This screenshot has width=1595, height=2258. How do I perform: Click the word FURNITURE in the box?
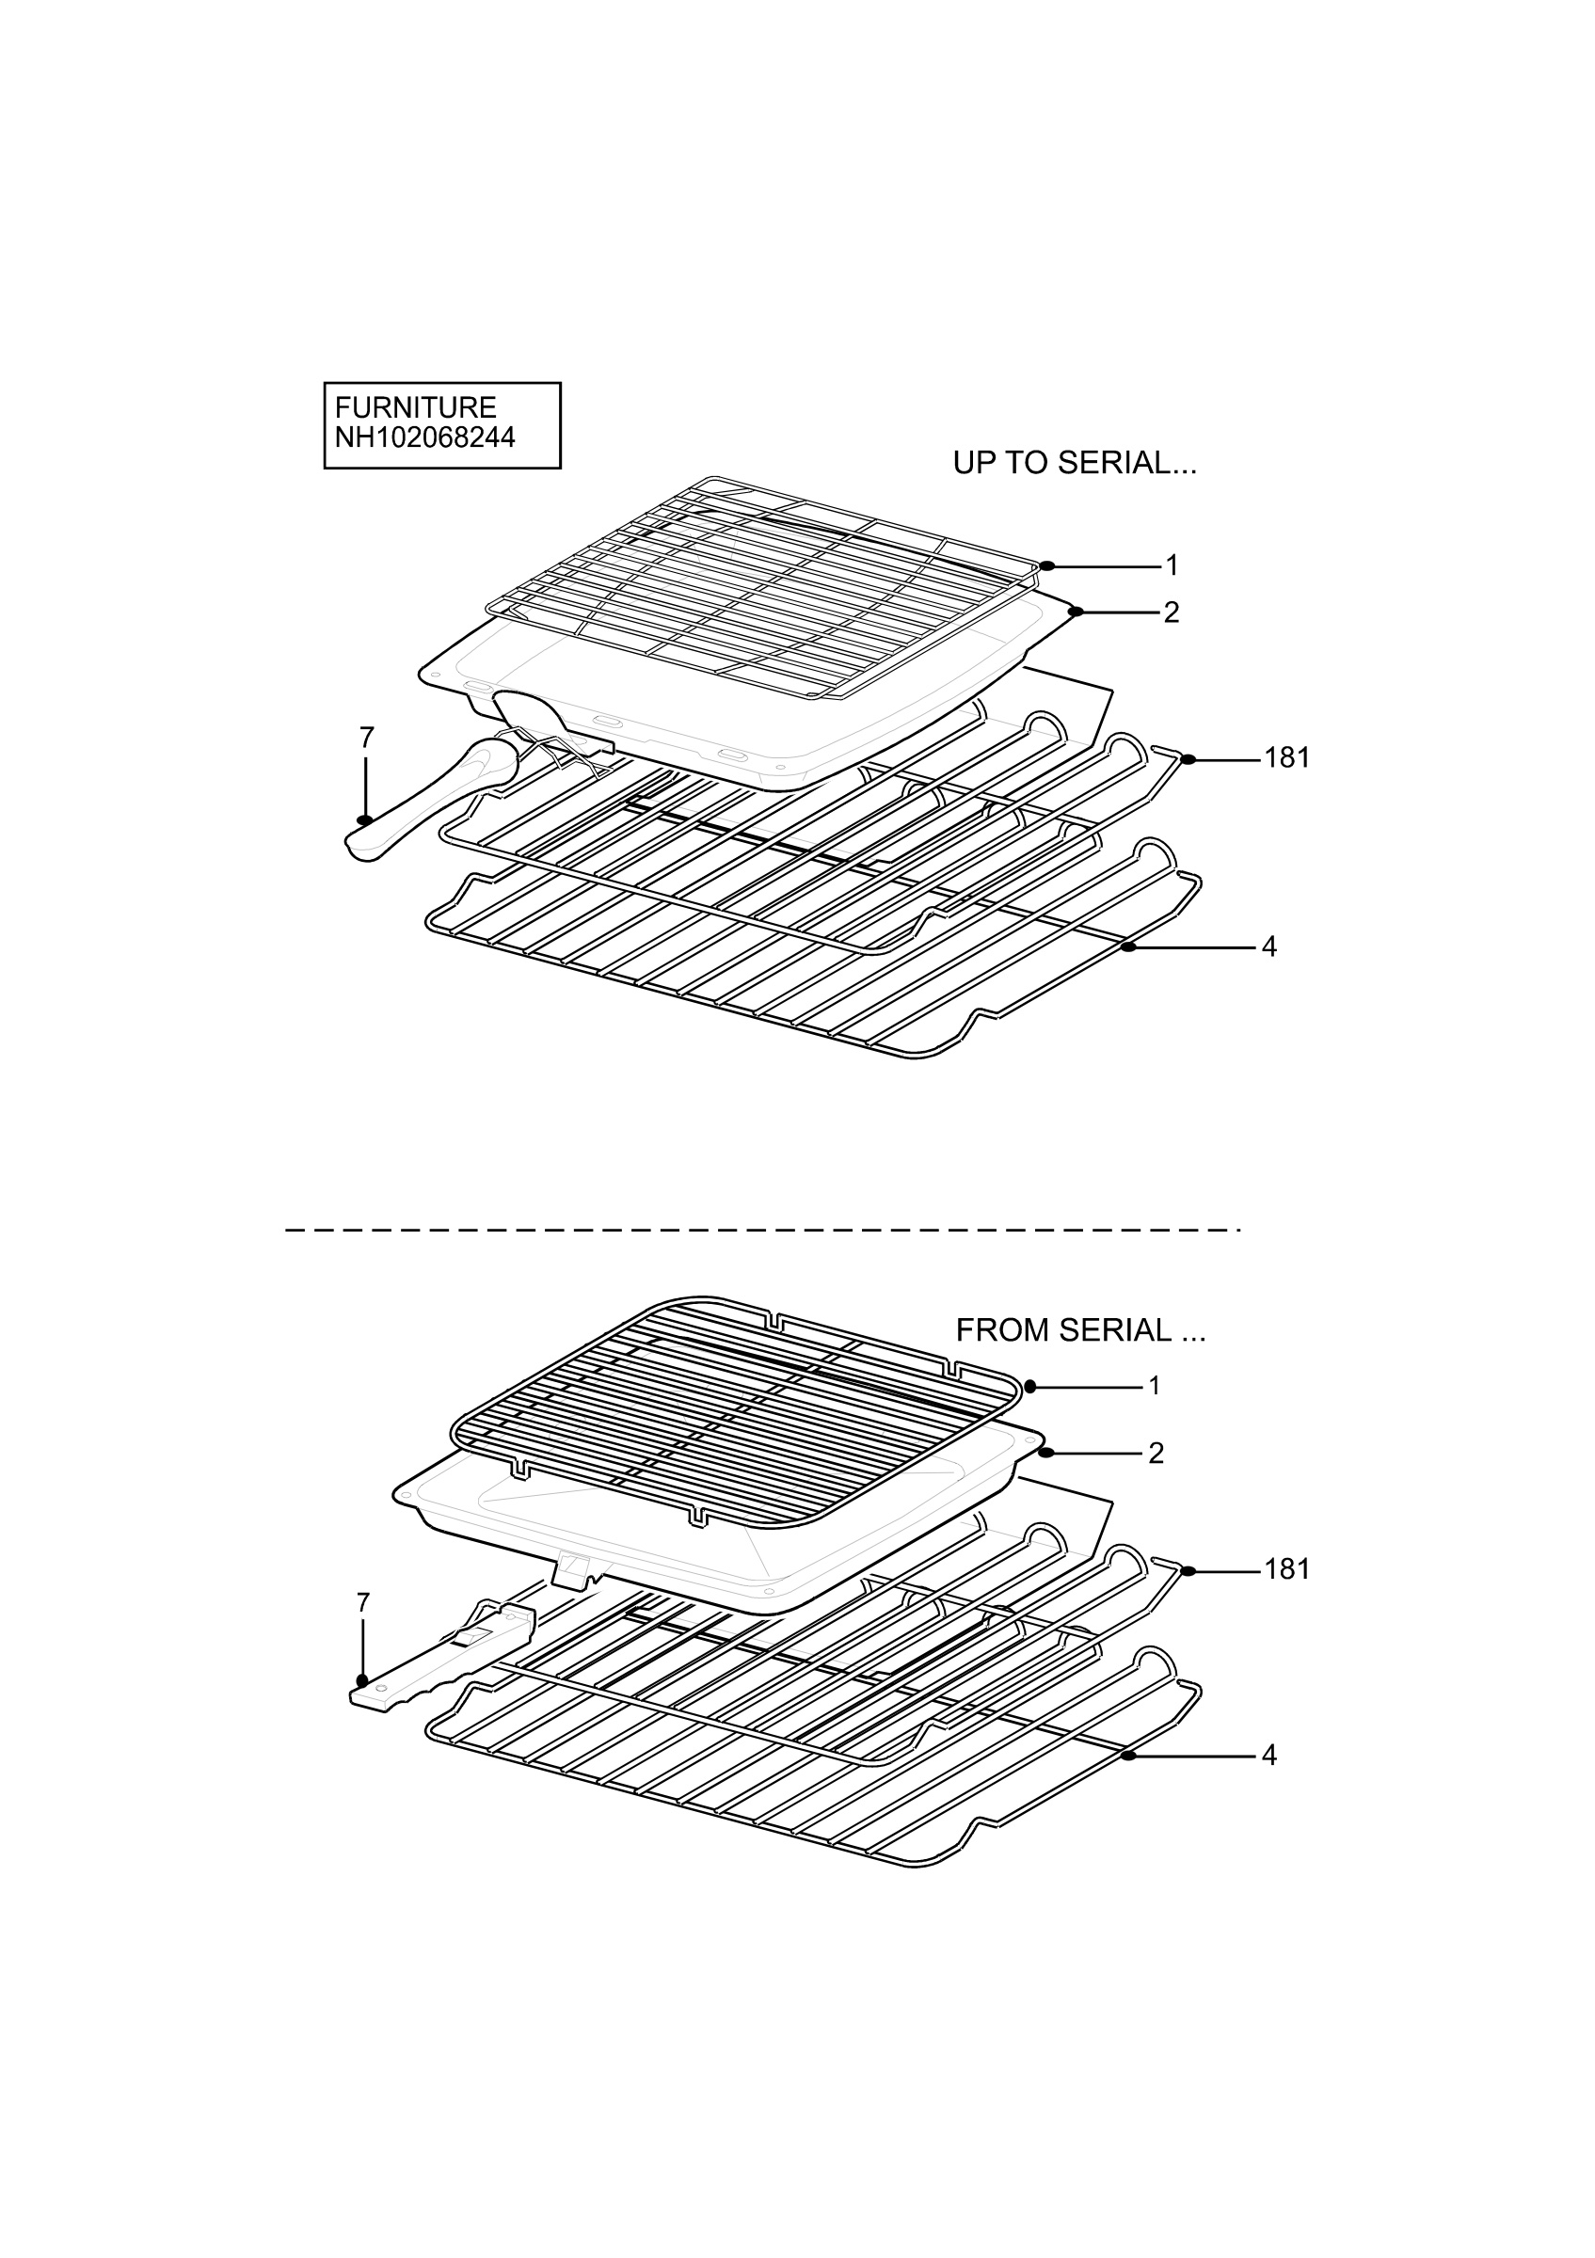(x=415, y=407)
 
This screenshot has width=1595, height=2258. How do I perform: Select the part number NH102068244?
(x=424, y=437)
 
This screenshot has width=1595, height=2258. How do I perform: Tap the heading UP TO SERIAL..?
(x=1075, y=462)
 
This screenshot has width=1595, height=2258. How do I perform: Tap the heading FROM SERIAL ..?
(x=1080, y=1330)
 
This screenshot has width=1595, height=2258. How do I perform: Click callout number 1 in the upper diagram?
(x=1172, y=565)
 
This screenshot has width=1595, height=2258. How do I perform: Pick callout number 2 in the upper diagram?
(x=1172, y=612)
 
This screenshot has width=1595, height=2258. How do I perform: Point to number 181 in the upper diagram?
(x=1287, y=758)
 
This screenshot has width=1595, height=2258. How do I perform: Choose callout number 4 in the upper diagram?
(x=1269, y=947)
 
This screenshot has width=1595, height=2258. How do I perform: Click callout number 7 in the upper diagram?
(x=367, y=738)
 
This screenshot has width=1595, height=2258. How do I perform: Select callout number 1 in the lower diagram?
(x=1155, y=1386)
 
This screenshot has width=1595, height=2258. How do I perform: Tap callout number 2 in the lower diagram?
(x=1156, y=1453)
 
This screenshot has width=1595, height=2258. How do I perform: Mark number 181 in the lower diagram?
(x=1287, y=1569)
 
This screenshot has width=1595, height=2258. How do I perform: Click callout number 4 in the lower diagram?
(x=1269, y=1756)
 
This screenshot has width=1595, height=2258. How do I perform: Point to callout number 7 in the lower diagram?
(x=363, y=1603)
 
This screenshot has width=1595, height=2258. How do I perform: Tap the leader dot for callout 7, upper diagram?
(x=365, y=820)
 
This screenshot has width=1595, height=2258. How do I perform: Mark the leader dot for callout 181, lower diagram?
(x=1188, y=1570)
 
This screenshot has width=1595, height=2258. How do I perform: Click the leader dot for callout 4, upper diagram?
(x=1128, y=947)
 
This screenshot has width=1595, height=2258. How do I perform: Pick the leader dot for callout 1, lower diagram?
(x=1029, y=1387)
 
